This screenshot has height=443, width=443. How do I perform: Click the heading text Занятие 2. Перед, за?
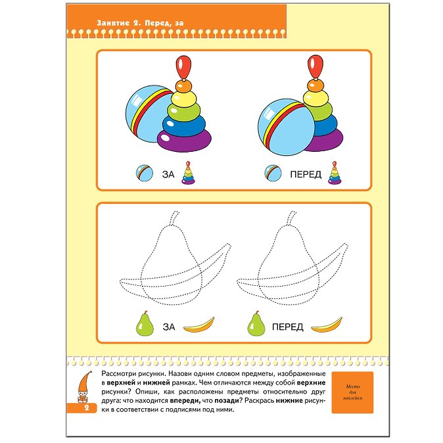[x=140, y=23]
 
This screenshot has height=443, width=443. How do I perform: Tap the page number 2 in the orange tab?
[x=87, y=408]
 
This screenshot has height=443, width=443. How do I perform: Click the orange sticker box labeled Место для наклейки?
[x=352, y=392]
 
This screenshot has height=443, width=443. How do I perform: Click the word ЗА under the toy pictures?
[x=168, y=174]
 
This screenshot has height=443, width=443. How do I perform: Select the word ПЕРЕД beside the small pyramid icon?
[x=306, y=174]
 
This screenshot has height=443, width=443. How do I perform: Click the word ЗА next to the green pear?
[x=169, y=327]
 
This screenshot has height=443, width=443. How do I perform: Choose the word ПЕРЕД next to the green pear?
[x=288, y=327]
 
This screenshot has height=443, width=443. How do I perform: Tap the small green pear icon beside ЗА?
[x=145, y=324]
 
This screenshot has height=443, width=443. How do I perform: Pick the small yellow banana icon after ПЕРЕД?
[x=327, y=325]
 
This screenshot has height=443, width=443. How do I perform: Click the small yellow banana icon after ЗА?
[x=199, y=325]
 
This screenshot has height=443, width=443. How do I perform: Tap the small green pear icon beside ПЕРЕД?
[x=256, y=324]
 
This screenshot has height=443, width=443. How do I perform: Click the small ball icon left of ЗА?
[x=145, y=173]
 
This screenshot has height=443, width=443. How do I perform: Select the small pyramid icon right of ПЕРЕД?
[x=335, y=173]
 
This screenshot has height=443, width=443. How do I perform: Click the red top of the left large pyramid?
[x=183, y=67]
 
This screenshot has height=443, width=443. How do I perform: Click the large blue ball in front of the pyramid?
[x=286, y=127]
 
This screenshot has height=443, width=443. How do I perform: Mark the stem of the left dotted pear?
[x=174, y=218]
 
